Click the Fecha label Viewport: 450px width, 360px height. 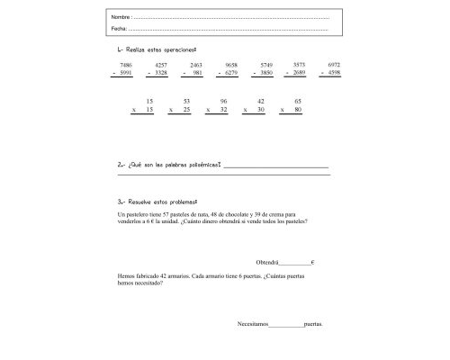(118, 29)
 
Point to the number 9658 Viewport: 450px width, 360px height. (231, 66)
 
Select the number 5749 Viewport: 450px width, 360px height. (266, 66)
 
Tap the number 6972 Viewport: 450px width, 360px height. (334, 66)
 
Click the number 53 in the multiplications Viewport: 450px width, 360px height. (185, 101)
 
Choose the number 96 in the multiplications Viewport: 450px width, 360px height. (223, 101)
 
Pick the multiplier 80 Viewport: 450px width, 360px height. (297, 109)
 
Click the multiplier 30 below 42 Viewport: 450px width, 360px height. (260, 109)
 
